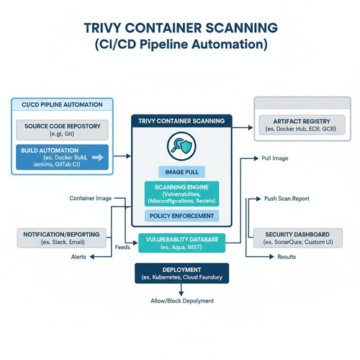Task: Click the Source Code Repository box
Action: [62, 130]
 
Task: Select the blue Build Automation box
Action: [62, 157]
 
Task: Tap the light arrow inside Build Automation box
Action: [98, 158]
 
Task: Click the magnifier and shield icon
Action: [181, 146]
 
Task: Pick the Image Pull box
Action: [181, 172]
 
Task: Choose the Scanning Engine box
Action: [181, 194]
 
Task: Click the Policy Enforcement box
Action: [181, 216]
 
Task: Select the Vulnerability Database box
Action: [182, 243]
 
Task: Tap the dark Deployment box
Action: [181, 274]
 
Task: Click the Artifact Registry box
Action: [302, 125]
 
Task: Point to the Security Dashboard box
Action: [298, 238]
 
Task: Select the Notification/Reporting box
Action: [61, 238]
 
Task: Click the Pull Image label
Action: [275, 158]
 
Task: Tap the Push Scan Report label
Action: [287, 199]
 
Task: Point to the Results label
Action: [287, 257]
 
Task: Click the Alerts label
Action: [78, 257]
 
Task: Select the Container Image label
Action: [91, 198]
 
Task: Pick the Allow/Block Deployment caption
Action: [182, 301]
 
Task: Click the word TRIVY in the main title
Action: [102, 28]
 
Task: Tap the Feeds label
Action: [122, 247]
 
